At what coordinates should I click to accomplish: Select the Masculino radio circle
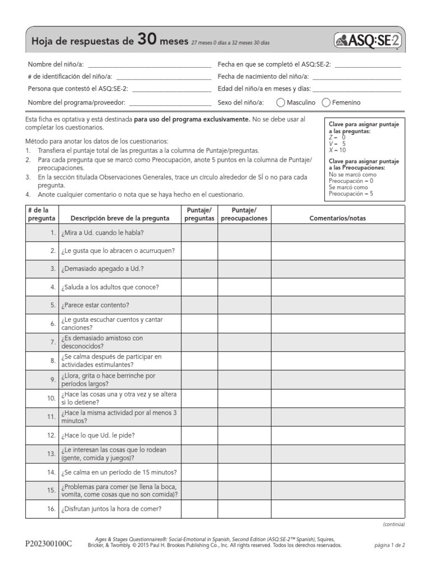coord(280,103)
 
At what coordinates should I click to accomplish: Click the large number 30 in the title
coord(146,40)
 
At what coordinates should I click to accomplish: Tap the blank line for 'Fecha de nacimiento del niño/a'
coord(357,77)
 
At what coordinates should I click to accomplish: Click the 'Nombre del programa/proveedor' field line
coord(169,103)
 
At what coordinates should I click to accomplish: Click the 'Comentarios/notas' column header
coord(338,218)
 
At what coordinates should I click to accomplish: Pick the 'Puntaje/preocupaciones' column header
coord(244,214)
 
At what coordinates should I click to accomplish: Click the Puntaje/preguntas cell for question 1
coord(199,232)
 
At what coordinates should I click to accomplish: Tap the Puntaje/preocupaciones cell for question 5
coord(244,305)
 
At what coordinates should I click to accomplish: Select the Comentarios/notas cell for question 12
coord(338,435)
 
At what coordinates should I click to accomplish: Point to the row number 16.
coord(51,509)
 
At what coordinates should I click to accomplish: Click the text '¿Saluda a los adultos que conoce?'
coord(110,287)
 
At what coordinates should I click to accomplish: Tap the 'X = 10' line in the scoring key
coord(338,150)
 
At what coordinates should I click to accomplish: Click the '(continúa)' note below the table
coord(394,524)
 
